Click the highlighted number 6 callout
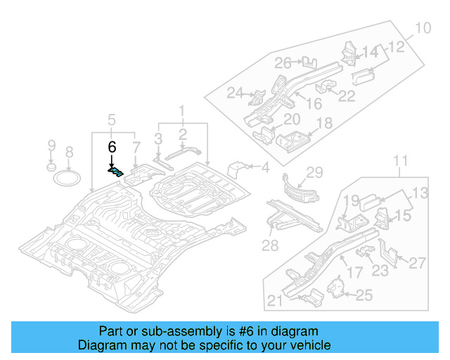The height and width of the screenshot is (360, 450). pos(111,147)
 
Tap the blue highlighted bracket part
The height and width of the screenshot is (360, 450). pos(115,169)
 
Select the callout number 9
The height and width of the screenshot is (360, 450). pos(51,146)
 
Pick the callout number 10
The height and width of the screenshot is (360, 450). pos(421,29)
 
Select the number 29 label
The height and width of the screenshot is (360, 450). pos(314,173)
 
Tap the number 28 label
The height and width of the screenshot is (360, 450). pos(271,244)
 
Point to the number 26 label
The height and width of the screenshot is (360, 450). pos(283,63)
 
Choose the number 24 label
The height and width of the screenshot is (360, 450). pos(235,93)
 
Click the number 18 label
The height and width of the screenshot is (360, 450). pos(324,124)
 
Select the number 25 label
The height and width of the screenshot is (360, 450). pos(364,295)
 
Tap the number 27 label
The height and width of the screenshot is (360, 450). pos(417,263)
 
